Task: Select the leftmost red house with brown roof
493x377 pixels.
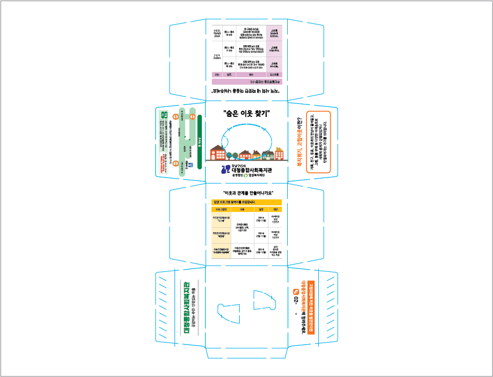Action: (217, 152)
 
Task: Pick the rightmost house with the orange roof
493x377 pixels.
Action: (279, 153)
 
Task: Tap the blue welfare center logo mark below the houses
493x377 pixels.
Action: (226, 169)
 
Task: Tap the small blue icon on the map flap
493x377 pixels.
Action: (191, 165)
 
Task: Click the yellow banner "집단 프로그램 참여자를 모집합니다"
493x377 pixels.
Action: (246, 202)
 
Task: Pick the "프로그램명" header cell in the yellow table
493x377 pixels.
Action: (219, 209)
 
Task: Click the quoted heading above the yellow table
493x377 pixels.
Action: (246, 193)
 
